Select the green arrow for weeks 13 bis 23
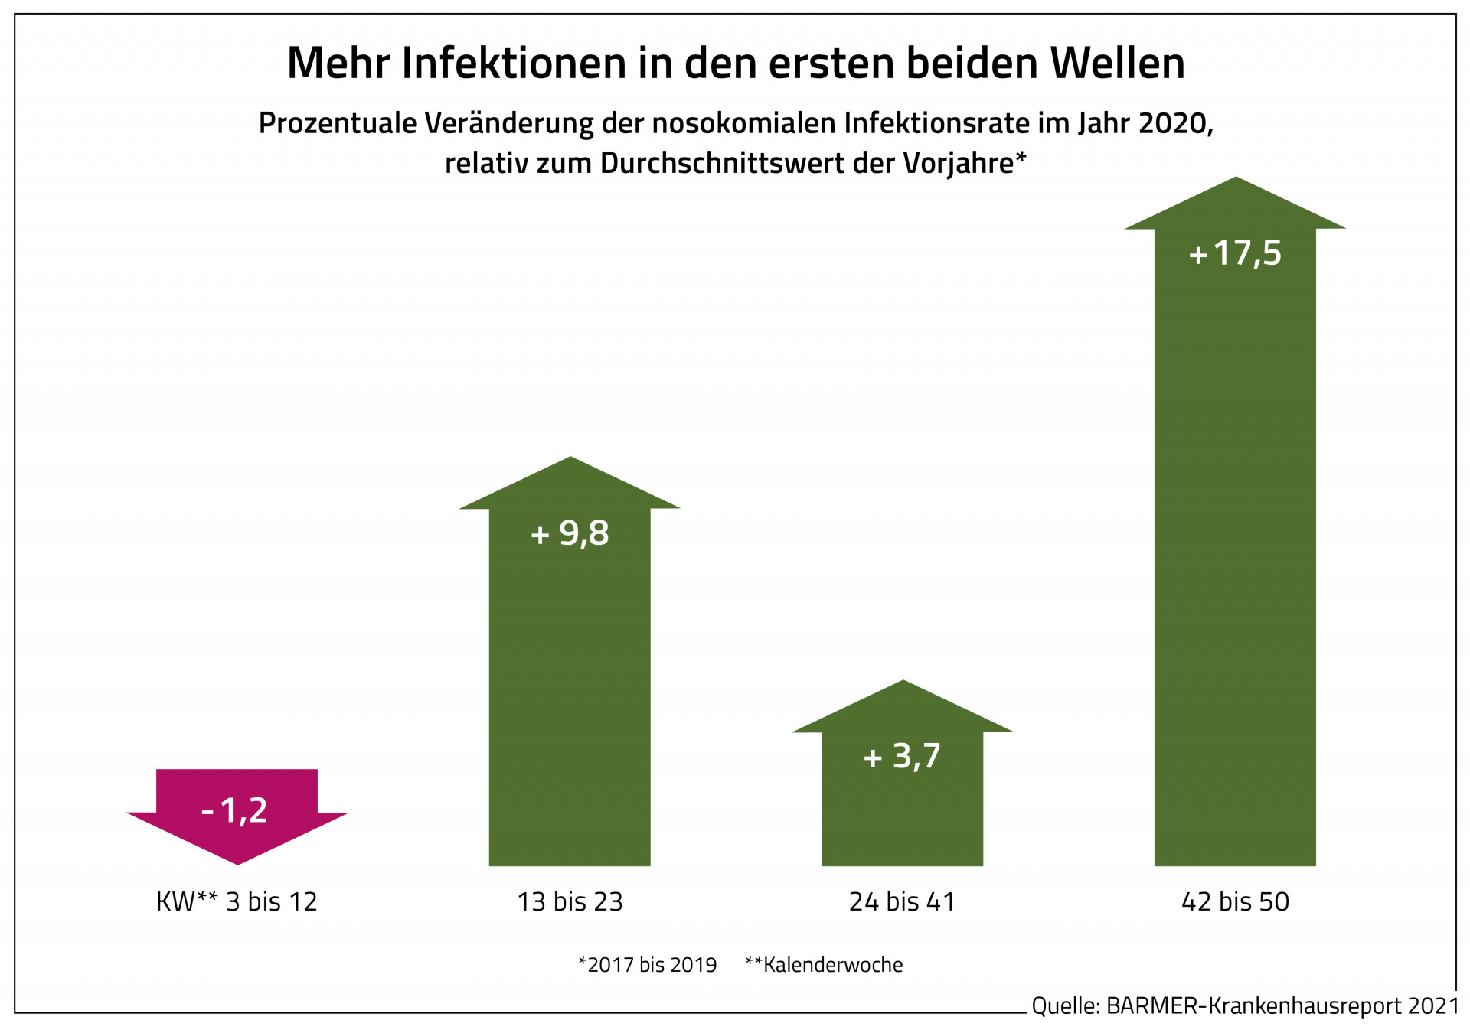(570, 689)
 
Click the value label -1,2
(234, 810)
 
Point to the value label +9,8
(570, 533)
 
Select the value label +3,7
(902, 757)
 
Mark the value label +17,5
(1235, 253)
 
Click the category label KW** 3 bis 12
(237, 902)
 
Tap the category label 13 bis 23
(570, 902)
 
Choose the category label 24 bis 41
(902, 902)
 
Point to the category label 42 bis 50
(1235, 902)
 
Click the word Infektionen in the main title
(514, 63)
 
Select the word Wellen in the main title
(1117, 63)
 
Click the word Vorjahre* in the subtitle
(964, 163)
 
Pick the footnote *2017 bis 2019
(648, 965)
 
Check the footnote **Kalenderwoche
(824, 965)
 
